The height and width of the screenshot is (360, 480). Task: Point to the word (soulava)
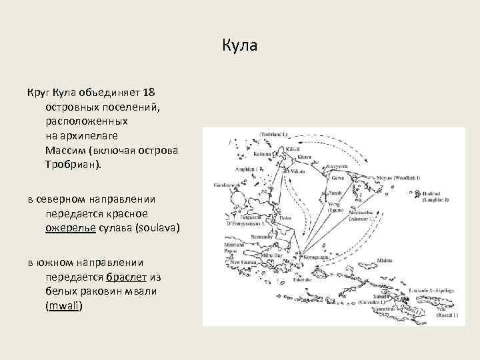tap(158, 229)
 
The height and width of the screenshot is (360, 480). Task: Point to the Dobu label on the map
tap(286, 217)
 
